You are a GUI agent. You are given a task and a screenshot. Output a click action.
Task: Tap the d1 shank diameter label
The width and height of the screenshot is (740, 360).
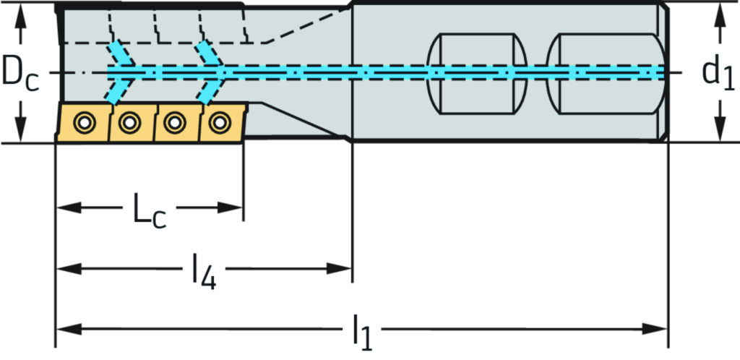[x=715, y=72]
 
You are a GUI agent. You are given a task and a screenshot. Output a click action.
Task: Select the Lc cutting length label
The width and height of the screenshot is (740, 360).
[x=149, y=208]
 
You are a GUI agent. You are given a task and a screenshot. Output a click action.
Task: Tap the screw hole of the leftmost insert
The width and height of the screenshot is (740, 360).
[x=85, y=122]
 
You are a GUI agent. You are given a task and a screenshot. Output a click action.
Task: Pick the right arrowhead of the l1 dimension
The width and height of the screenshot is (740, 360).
[x=661, y=330]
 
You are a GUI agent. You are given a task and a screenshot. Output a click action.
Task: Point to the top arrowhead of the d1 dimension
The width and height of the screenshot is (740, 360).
[x=719, y=12]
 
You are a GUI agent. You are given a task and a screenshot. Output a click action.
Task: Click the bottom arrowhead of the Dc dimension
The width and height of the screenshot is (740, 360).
[x=22, y=134]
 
